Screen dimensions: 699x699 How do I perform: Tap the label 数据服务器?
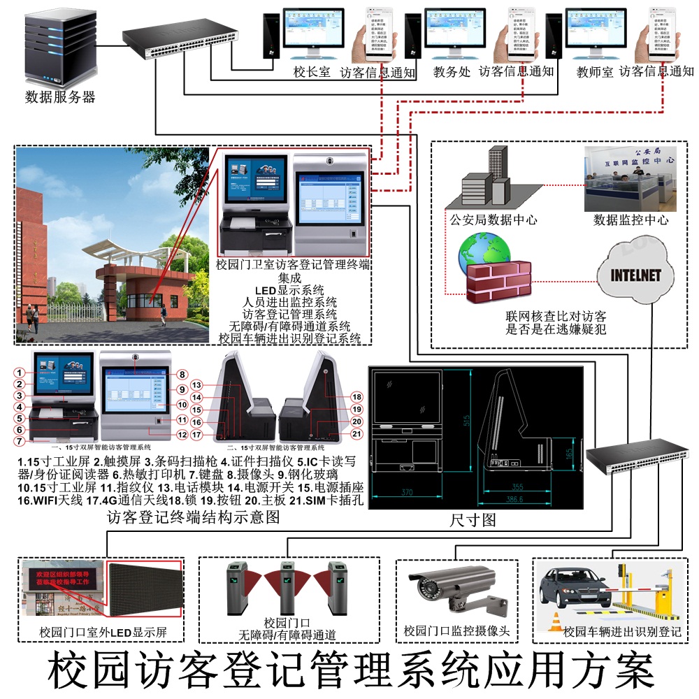(x=60, y=96)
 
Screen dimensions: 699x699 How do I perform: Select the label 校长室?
(x=312, y=72)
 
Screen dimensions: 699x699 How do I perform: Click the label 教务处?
(x=452, y=72)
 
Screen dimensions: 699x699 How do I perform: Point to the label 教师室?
(x=595, y=72)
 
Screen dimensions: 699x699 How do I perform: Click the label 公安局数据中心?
(x=493, y=219)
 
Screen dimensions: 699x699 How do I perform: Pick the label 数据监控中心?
(x=631, y=219)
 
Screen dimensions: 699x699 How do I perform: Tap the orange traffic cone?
(x=557, y=621)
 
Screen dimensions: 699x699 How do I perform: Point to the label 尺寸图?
(x=473, y=520)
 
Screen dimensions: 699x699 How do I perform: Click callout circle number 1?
(x=21, y=373)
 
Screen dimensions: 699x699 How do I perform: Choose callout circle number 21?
(x=356, y=434)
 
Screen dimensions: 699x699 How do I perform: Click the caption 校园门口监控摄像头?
(x=457, y=631)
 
